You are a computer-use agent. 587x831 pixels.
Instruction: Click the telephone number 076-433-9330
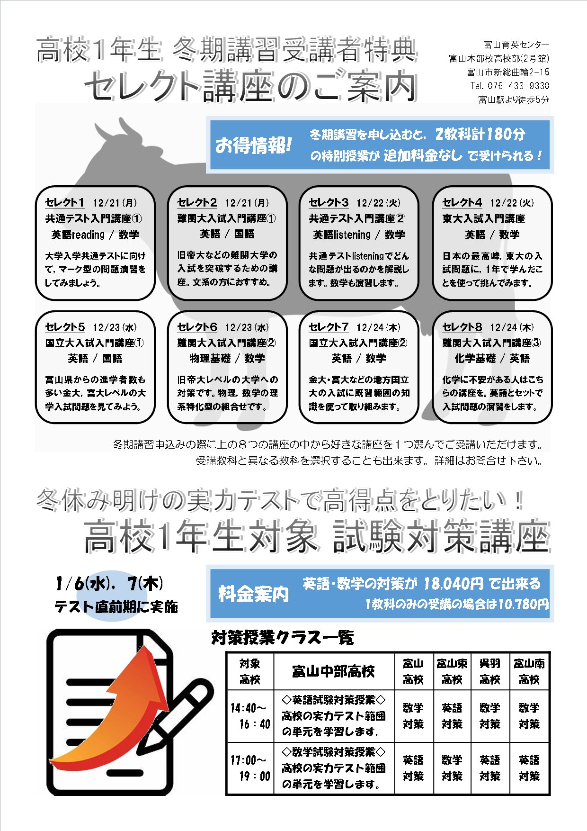pyautogui.click(x=518, y=86)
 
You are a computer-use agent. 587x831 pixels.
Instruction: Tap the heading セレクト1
pyautogui.click(x=64, y=203)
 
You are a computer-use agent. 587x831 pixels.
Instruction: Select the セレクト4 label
pyautogui.click(x=462, y=203)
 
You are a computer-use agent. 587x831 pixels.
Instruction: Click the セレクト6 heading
pyautogui.click(x=197, y=327)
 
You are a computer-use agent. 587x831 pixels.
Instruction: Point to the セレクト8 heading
pyautogui.click(x=462, y=327)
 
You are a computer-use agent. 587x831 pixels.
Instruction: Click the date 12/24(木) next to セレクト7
pyautogui.click(x=378, y=327)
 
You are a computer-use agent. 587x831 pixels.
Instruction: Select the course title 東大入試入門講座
pyautogui.click(x=484, y=218)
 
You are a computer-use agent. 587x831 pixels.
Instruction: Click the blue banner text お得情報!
pyautogui.click(x=253, y=145)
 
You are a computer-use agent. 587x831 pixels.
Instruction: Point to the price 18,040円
pyautogui.click(x=454, y=584)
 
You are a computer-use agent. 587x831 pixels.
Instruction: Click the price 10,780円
pyautogui.click(x=523, y=604)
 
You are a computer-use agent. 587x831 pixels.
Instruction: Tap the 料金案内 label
pyautogui.click(x=253, y=594)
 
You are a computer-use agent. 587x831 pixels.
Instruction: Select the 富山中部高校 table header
pyautogui.click(x=333, y=671)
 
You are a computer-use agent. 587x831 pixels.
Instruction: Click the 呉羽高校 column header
pyautogui.click(x=490, y=671)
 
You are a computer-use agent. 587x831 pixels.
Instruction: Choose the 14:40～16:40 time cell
pyautogui.click(x=250, y=716)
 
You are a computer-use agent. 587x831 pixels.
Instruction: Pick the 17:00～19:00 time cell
pyautogui.click(x=250, y=768)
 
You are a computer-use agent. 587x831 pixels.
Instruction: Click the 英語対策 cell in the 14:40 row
pyautogui.click(x=452, y=716)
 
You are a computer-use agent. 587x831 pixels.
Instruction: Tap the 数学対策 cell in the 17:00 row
pyautogui.click(x=452, y=768)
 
